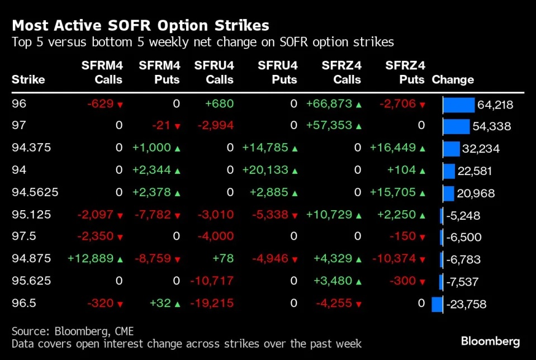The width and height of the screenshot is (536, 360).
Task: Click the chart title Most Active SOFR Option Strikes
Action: (x=140, y=25)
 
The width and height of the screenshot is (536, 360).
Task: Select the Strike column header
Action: (x=28, y=80)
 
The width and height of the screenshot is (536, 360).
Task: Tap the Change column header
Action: (x=453, y=80)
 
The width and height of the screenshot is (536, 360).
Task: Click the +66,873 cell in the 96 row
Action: (x=329, y=104)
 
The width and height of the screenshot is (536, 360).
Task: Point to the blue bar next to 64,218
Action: (x=458, y=105)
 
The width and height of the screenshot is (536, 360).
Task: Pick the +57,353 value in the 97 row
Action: (x=329, y=126)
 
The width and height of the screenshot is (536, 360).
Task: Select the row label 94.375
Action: (x=31, y=148)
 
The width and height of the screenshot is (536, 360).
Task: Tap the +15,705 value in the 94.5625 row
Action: (x=393, y=193)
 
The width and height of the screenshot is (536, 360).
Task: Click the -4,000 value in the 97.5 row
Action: (x=215, y=237)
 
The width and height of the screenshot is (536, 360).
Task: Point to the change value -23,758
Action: (x=466, y=305)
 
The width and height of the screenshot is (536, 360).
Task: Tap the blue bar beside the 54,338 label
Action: (x=456, y=126)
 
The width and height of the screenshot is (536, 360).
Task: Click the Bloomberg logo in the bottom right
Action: (x=490, y=341)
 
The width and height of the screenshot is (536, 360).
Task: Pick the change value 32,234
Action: (x=481, y=149)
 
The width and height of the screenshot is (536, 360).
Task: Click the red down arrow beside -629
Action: (x=120, y=105)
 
